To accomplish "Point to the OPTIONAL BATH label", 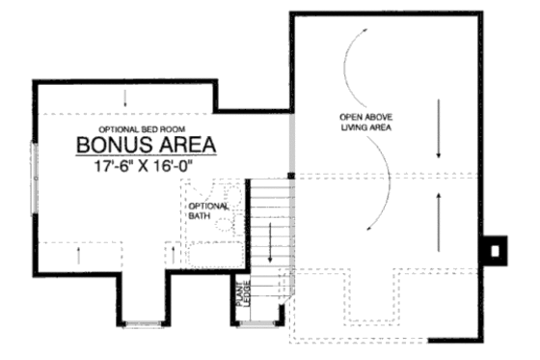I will pyautogui.click(x=208, y=210).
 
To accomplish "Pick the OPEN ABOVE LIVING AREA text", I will pyautogui.click(x=365, y=122).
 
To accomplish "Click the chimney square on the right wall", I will pyautogui.click(x=495, y=249).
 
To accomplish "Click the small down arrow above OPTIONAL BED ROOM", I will pyautogui.click(x=125, y=99).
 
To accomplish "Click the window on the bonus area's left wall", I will pyautogui.click(x=35, y=173).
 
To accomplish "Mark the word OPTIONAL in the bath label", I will pyautogui.click(x=208, y=206).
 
